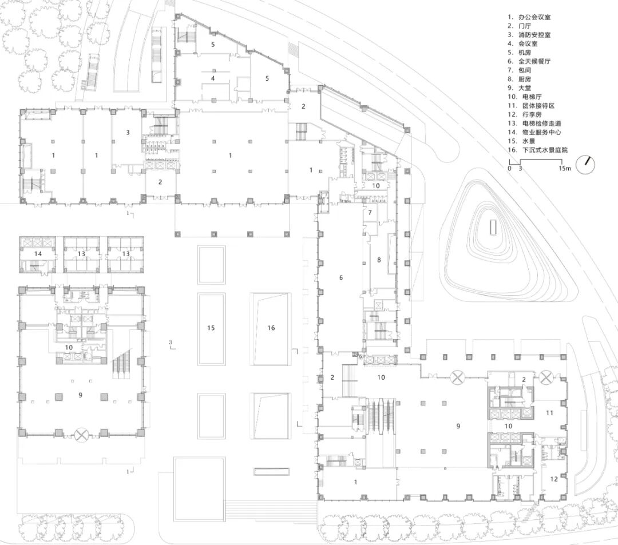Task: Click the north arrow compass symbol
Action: (x=585, y=165)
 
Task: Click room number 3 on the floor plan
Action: (x=128, y=133)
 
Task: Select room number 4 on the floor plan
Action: (x=213, y=78)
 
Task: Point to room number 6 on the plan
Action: (x=341, y=278)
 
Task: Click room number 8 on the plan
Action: (x=378, y=260)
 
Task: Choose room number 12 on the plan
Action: (x=553, y=478)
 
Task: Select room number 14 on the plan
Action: (x=38, y=253)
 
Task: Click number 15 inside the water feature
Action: (x=211, y=328)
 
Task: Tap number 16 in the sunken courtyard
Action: (x=271, y=328)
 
